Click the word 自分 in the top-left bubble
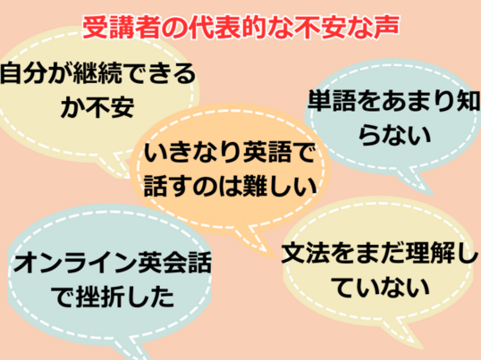[x=24, y=73]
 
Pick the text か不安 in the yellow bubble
[x=97, y=107]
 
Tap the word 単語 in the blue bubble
[x=333, y=100]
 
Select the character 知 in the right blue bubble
[x=468, y=100]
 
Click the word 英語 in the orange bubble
[x=267, y=152]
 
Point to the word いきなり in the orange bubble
[x=193, y=152]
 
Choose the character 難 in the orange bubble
[x=255, y=187]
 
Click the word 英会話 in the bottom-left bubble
[x=174, y=263]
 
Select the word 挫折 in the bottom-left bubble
[x=100, y=297]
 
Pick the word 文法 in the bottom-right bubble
[x=307, y=254]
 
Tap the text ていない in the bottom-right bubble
[x=381, y=288]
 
